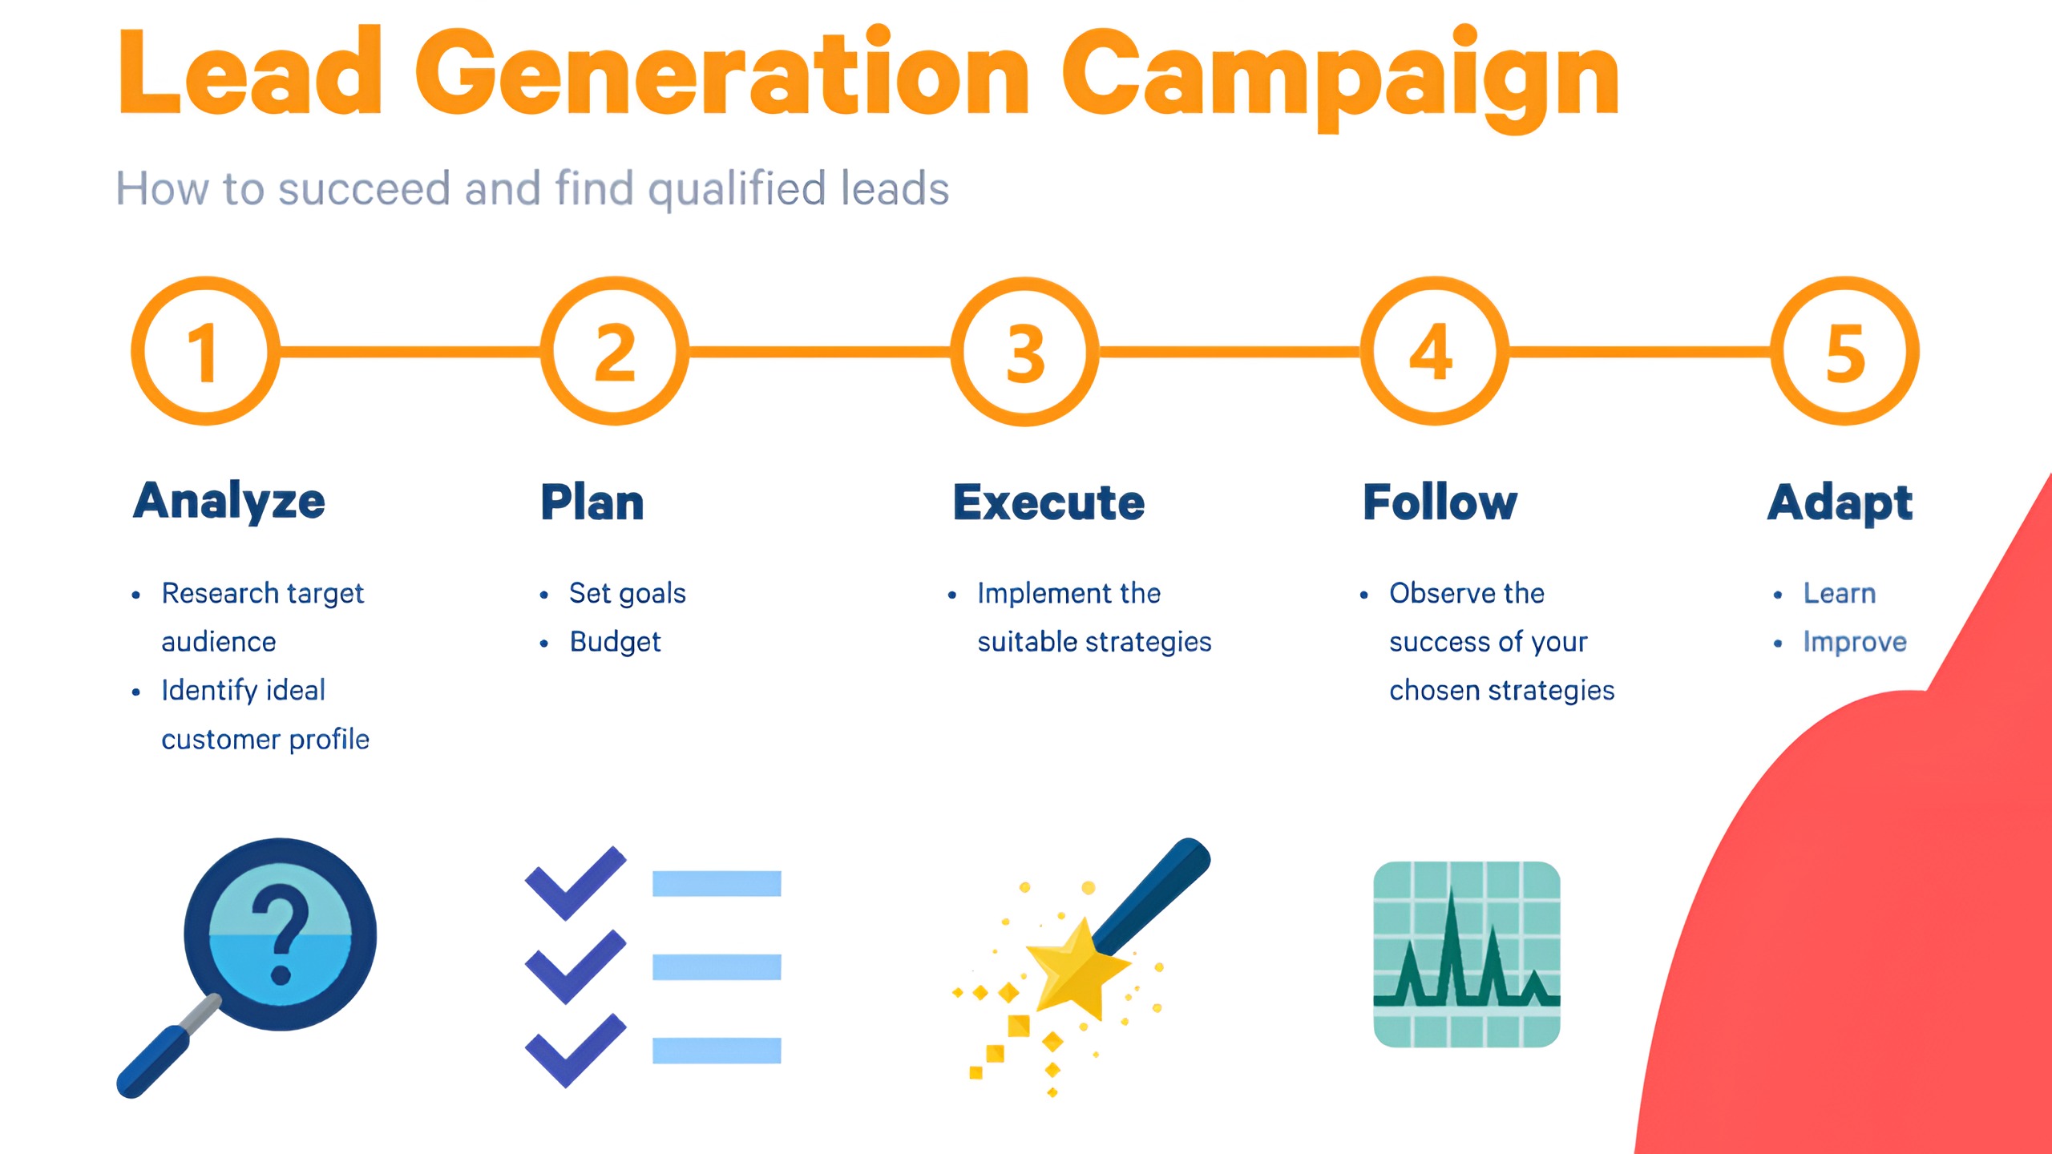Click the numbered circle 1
(x=205, y=351)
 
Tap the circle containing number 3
(x=1024, y=351)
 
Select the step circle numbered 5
(x=1844, y=351)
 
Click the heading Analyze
(x=229, y=502)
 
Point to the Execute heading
(x=1048, y=502)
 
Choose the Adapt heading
(x=1840, y=503)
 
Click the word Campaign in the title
(x=1340, y=76)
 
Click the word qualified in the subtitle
(x=736, y=190)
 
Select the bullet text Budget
(x=615, y=642)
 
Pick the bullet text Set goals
(x=627, y=593)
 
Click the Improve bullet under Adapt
(x=1854, y=642)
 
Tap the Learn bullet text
(x=1839, y=593)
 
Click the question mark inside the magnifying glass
(x=280, y=934)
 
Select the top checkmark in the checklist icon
(x=575, y=882)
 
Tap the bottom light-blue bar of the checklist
(x=716, y=1050)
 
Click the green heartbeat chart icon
(x=1466, y=954)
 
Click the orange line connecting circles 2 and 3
(x=819, y=351)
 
